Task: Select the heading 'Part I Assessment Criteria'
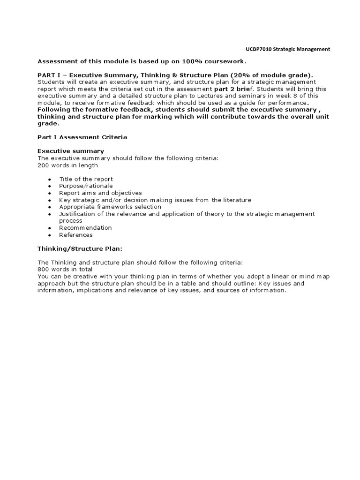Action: coord(82,137)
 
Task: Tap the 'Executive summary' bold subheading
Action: coord(71,151)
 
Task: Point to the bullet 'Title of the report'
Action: coord(86,179)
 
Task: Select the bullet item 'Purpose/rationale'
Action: coord(86,186)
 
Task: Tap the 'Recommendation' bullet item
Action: coord(85,228)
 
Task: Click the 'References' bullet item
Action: coord(76,235)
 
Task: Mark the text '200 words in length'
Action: coord(68,165)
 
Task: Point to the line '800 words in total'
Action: coord(65,270)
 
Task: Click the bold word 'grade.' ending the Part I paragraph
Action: coord(48,124)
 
